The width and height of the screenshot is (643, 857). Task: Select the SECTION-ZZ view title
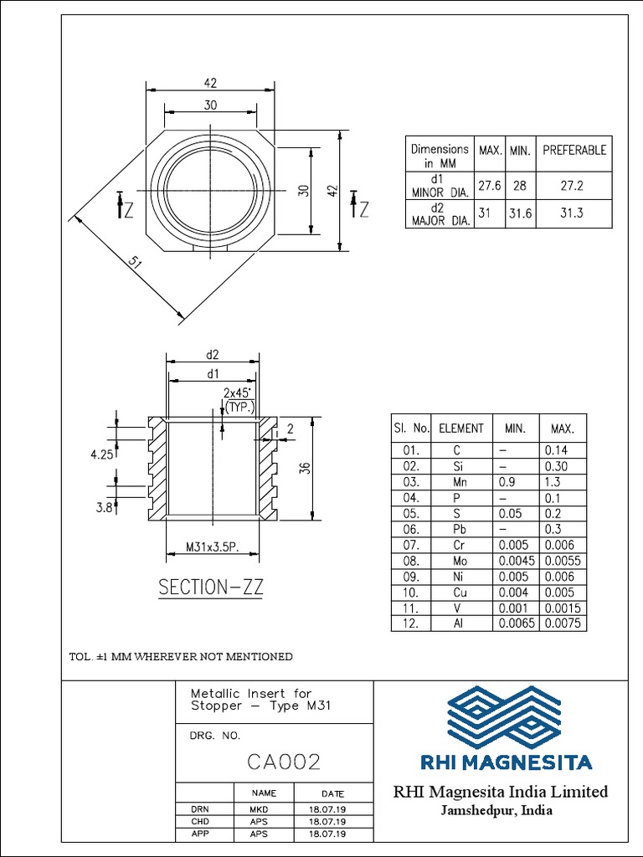tap(211, 588)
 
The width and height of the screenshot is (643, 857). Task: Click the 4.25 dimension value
tap(101, 456)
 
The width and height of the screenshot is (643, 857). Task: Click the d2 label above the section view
tap(212, 356)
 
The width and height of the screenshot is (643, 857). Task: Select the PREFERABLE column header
tap(574, 151)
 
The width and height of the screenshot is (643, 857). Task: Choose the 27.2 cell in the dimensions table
tap(574, 185)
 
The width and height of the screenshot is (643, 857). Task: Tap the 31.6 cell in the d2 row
tap(520, 213)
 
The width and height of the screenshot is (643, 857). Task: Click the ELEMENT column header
tap(461, 428)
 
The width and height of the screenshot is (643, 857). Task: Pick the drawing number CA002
tap(284, 762)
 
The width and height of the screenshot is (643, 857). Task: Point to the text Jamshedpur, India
tap(496, 811)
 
